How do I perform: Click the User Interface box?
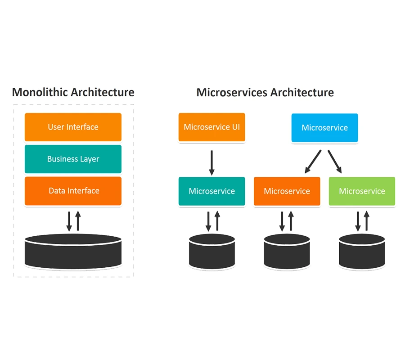coord(73,127)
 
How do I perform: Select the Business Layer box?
coord(73,159)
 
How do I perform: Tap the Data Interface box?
coord(73,191)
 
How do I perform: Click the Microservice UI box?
coord(212,127)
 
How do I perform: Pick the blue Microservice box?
coord(324,128)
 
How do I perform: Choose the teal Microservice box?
coord(212,191)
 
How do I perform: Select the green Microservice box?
coord(362,191)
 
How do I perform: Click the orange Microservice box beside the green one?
coord(287,191)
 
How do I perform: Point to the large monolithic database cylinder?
coord(73,252)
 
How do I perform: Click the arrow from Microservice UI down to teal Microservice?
coord(212,163)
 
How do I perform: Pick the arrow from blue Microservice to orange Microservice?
coord(313,162)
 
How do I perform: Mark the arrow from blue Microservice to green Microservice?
coord(335,162)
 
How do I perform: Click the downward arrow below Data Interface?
coord(69,221)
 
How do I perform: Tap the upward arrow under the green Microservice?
coord(366,221)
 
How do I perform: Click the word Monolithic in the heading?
coord(40,92)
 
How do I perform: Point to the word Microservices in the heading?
coord(232,92)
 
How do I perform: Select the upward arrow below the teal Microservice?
coord(217,221)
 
